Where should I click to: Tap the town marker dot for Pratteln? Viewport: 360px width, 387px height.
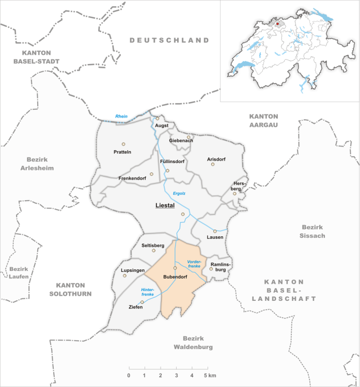123,144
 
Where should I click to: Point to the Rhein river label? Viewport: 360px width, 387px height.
121,116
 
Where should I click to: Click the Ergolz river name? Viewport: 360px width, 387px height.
179,193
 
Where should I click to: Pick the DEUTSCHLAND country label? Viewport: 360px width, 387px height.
169,40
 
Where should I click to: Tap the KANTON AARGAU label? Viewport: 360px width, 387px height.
263,120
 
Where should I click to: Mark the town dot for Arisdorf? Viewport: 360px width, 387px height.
212,165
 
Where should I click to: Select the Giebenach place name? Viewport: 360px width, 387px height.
181,141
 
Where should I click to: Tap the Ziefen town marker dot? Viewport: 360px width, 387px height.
142,302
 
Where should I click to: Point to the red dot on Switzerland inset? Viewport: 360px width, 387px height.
277,23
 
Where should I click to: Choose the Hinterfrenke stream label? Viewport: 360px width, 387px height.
148,293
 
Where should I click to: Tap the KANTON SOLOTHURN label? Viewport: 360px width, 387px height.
73,289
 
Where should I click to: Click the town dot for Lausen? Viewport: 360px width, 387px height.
215,231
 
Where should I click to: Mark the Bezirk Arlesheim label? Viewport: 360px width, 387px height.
37,164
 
